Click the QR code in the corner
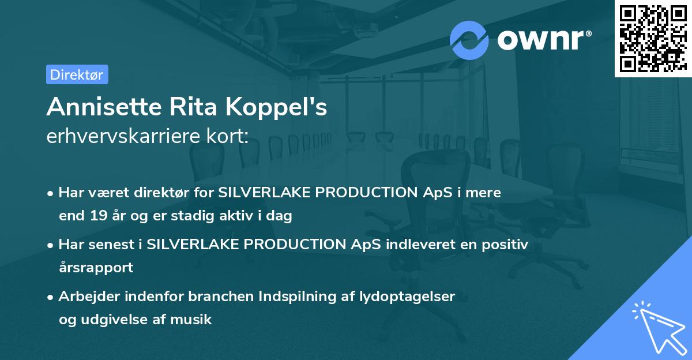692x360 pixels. click(x=653, y=38)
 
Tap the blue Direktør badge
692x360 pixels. click(x=77, y=74)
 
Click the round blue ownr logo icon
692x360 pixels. click(x=469, y=40)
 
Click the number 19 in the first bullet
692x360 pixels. click(x=99, y=216)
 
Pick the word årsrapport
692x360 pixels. click(x=96, y=268)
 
